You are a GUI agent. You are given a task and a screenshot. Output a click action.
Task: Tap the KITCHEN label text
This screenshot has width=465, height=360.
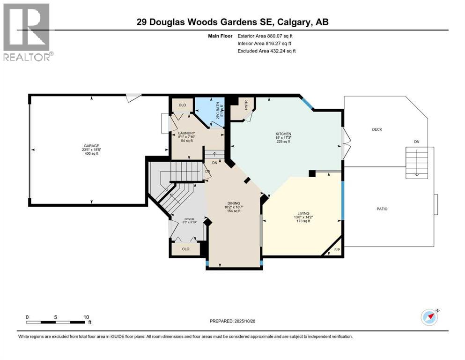coord(283,134)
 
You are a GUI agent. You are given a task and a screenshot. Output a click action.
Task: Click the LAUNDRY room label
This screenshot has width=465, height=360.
coord(186,133)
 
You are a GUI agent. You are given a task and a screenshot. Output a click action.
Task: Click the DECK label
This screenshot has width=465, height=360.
coord(377,129)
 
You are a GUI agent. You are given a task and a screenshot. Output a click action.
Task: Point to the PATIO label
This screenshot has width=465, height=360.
coord(382,209)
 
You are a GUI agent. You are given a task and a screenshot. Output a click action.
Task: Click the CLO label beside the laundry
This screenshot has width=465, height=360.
coord(182,105)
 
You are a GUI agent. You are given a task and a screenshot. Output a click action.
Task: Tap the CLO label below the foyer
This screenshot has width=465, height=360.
coord(185,249)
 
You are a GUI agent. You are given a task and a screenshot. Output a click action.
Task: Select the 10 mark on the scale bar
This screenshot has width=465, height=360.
coord(86,317)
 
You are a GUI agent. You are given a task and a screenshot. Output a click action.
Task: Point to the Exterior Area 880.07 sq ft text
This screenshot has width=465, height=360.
coord(266,36)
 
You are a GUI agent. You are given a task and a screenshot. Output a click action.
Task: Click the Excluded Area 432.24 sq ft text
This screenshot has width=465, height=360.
coord(266,51)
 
